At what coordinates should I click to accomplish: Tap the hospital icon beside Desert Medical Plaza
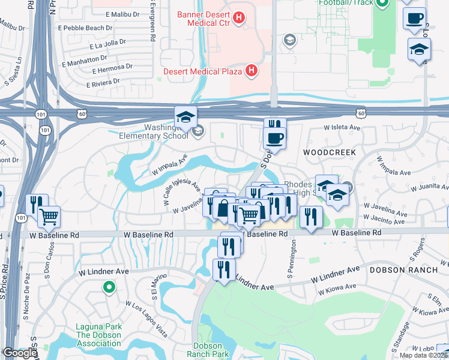[252, 71]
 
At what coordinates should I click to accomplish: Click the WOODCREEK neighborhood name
[325, 152]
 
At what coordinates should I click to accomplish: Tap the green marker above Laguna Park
[109, 288]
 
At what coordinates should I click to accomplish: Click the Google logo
[19, 353]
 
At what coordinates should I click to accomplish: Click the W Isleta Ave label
[342, 128]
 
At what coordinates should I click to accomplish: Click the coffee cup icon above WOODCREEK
[274, 138]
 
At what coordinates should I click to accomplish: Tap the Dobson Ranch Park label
[211, 350]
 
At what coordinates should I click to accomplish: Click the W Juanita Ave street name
[427, 187]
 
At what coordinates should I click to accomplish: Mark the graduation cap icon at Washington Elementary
[186, 116]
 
